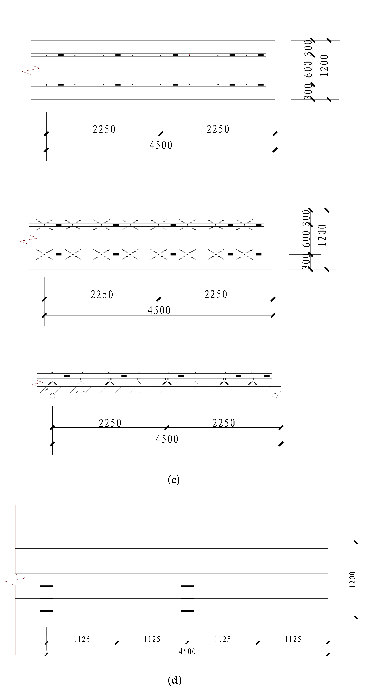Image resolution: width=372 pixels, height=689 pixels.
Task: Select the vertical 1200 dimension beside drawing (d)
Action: pyautogui.click(x=352, y=580)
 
